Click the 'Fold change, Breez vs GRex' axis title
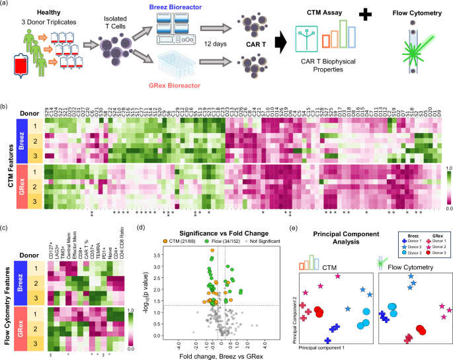[221, 355]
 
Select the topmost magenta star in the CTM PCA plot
[337, 276]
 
